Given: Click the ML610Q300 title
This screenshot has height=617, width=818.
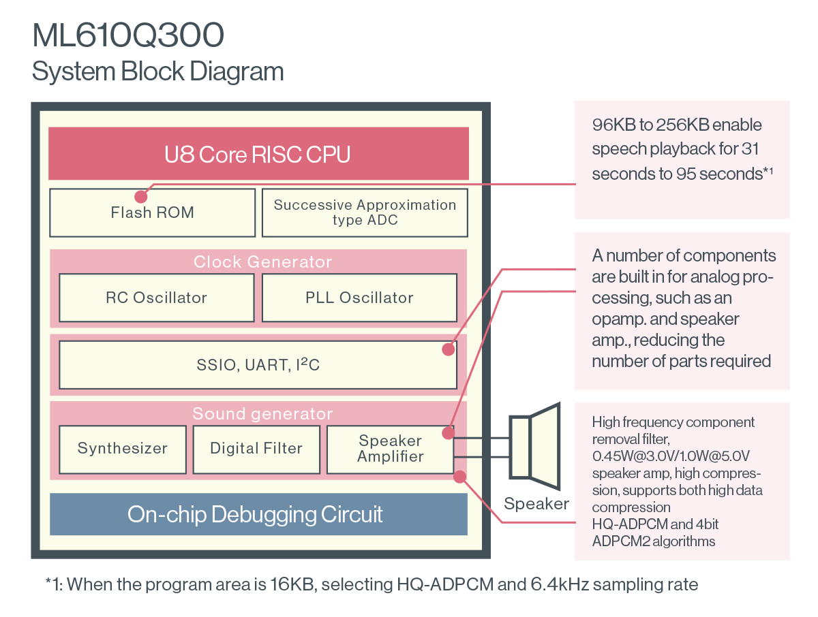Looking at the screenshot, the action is tap(128, 35).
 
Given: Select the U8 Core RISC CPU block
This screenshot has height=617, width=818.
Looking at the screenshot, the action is tap(258, 153).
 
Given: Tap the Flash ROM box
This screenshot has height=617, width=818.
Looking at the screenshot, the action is tap(153, 212).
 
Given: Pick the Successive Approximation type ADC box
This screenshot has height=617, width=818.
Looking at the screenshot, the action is tap(365, 212).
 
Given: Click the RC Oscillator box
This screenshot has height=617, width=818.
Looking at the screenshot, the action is tap(157, 298).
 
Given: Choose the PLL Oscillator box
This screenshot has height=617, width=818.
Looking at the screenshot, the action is tap(360, 298).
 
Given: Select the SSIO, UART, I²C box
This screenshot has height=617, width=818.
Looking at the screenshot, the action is tap(258, 365).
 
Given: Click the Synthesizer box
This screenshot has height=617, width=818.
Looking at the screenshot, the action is tap(123, 449).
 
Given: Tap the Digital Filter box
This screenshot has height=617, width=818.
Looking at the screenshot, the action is tap(256, 449).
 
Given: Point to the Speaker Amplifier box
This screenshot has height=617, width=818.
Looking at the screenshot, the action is tap(390, 449).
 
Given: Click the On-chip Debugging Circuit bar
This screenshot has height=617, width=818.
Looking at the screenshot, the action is tap(258, 514).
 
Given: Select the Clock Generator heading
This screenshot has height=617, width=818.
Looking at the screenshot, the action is tap(262, 262).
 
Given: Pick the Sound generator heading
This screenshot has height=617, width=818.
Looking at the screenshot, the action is tap(262, 414).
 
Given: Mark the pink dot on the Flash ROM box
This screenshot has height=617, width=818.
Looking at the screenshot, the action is tap(141, 197).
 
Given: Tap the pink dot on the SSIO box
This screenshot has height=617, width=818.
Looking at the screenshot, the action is tap(449, 349).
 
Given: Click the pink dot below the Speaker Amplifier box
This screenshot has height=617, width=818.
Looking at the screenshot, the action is tap(460, 477).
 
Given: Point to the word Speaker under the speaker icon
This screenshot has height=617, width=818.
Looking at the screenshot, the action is tap(536, 504).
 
